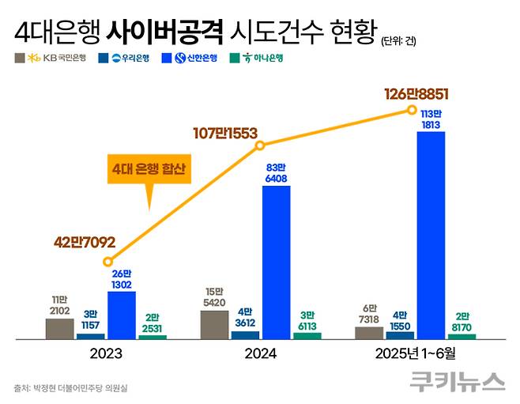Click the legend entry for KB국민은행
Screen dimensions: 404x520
click(55, 58)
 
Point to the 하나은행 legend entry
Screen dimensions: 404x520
click(255, 58)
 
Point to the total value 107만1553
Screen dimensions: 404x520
click(225, 134)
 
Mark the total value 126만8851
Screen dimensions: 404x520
click(416, 94)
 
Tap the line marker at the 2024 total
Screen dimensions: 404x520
click(262, 145)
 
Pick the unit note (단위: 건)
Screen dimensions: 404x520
click(398, 40)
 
